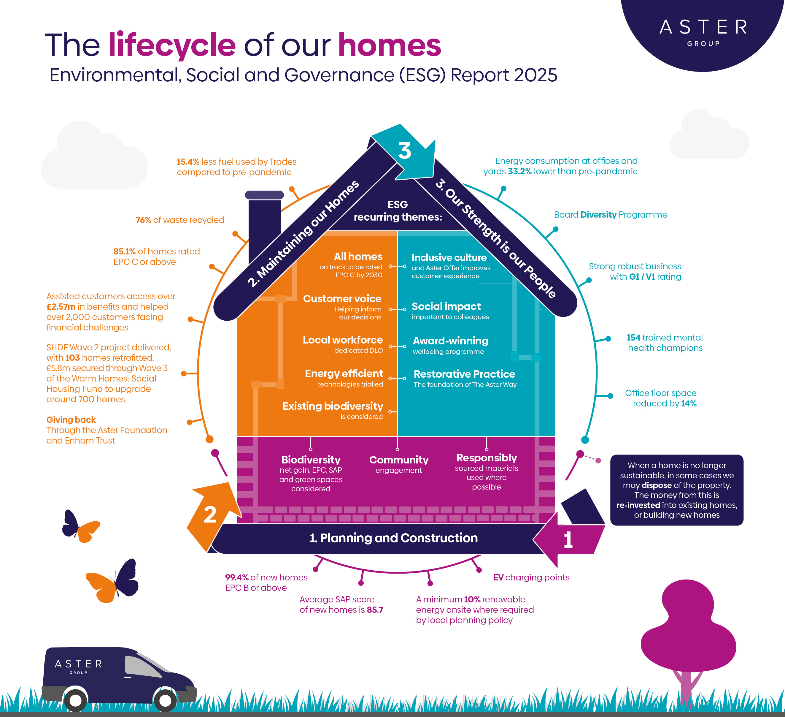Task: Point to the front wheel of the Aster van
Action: pos(166,700)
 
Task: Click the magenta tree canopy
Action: pos(688,627)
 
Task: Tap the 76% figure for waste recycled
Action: pos(143,220)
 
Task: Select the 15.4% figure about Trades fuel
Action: pos(188,162)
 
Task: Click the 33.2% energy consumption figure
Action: pos(519,172)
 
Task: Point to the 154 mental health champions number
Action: pos(633,338)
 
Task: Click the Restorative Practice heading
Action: pos(464,374)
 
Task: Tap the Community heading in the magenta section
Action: pos(399,460)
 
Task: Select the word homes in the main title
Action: pos(389,45)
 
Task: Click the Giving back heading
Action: pos(71,420)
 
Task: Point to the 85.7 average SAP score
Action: pos(375,610)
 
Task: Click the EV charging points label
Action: pos(531,577)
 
